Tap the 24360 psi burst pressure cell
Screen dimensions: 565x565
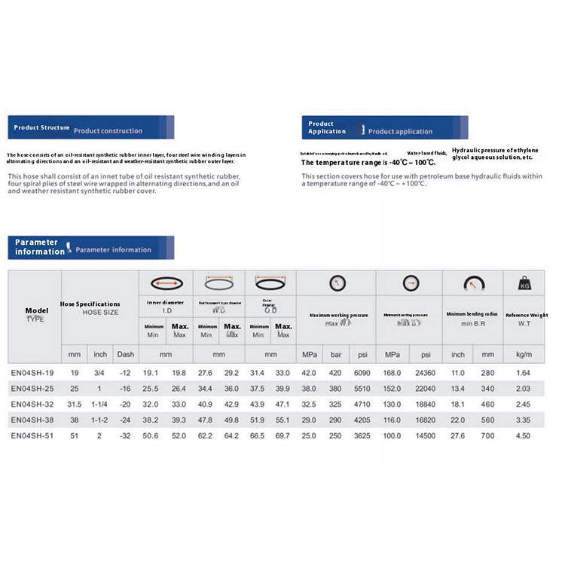tap(426, 373)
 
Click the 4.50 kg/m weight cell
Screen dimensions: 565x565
tap(523, 435)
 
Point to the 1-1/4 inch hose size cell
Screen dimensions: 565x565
tap(100, 404)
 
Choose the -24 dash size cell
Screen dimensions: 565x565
tap(125, 420)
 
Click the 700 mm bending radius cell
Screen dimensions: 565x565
tap(487, 435)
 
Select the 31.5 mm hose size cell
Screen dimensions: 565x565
tap(74, 404)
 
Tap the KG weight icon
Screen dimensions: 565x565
tap(524, 284)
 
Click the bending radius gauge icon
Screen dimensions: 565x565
tap(473, 284)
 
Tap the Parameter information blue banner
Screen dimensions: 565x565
tap(90, 246)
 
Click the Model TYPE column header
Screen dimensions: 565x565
tap(35, 314)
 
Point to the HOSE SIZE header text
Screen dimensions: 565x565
tap(99, 311)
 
